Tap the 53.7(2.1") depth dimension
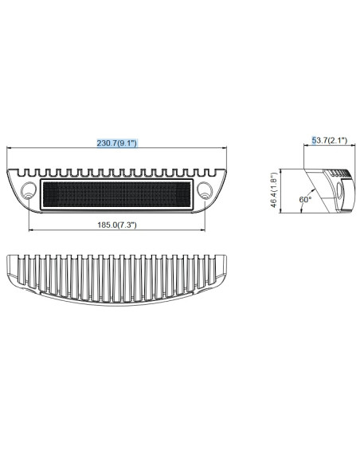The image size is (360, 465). [330, 141]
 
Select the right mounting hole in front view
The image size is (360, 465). [206, 191]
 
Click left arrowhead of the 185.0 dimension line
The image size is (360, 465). [31, 232]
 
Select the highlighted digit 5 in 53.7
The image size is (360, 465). [314, 141]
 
